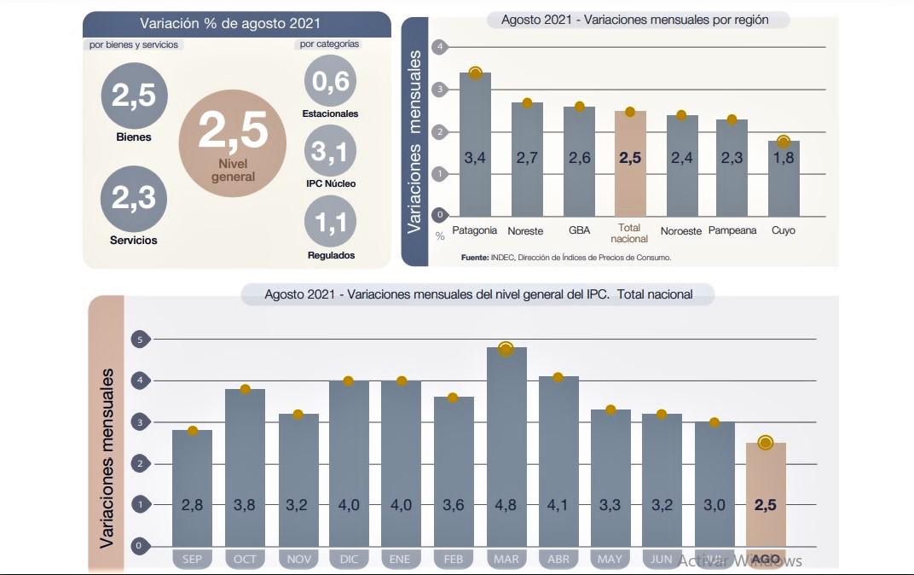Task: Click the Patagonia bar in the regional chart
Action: (475, 145)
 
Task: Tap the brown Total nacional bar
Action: (630, 162)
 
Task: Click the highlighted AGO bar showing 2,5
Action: (765, 495)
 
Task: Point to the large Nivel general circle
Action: (232, 142)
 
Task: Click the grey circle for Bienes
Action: (134, 95)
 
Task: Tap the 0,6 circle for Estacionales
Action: (330, 81)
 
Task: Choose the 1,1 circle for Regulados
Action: (330, 222)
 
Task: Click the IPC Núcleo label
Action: (330, 183)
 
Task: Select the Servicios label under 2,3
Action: (134, 241)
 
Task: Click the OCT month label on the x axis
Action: (245, 560)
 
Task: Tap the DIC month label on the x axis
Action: (349, 560)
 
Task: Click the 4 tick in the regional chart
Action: (440, 47)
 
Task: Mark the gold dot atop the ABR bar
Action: (558, 377)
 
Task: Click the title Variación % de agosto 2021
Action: (236, 23)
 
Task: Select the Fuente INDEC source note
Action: (566, 257)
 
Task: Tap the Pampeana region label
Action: (732, 230)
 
